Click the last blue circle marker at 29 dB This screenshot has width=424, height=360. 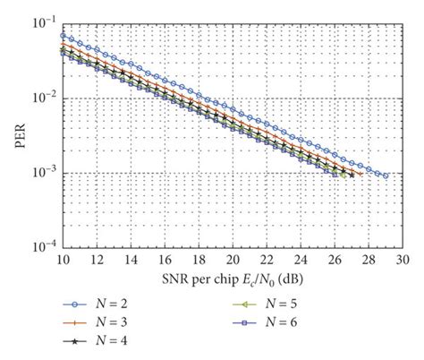coord(386,176)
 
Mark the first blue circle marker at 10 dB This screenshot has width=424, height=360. coord(63,36)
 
